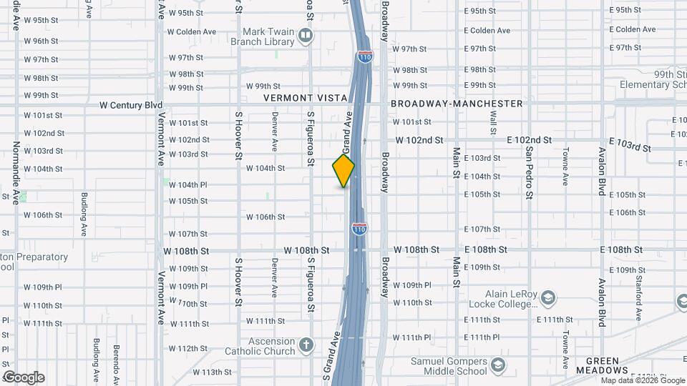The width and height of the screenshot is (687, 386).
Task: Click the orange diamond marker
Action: [343, 170]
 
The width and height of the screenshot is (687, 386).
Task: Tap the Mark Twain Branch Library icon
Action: [306, 35]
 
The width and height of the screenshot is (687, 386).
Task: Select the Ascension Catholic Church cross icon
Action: [306, 346]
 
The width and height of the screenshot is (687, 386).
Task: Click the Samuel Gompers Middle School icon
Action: [497, 366]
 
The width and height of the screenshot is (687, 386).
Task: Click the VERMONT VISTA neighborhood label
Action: [305, 97]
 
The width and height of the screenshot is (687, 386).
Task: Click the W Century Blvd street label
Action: [131, 104]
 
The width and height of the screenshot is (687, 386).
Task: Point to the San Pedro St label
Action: [529, 174]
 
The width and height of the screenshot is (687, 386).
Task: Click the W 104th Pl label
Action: [188, 184]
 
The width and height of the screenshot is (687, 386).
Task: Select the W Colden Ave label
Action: [192, 31]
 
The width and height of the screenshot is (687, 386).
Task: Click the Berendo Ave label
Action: [115, 363]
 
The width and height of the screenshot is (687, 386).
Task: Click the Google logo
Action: [24, 377]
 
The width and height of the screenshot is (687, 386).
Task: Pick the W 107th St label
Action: [188, 234]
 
